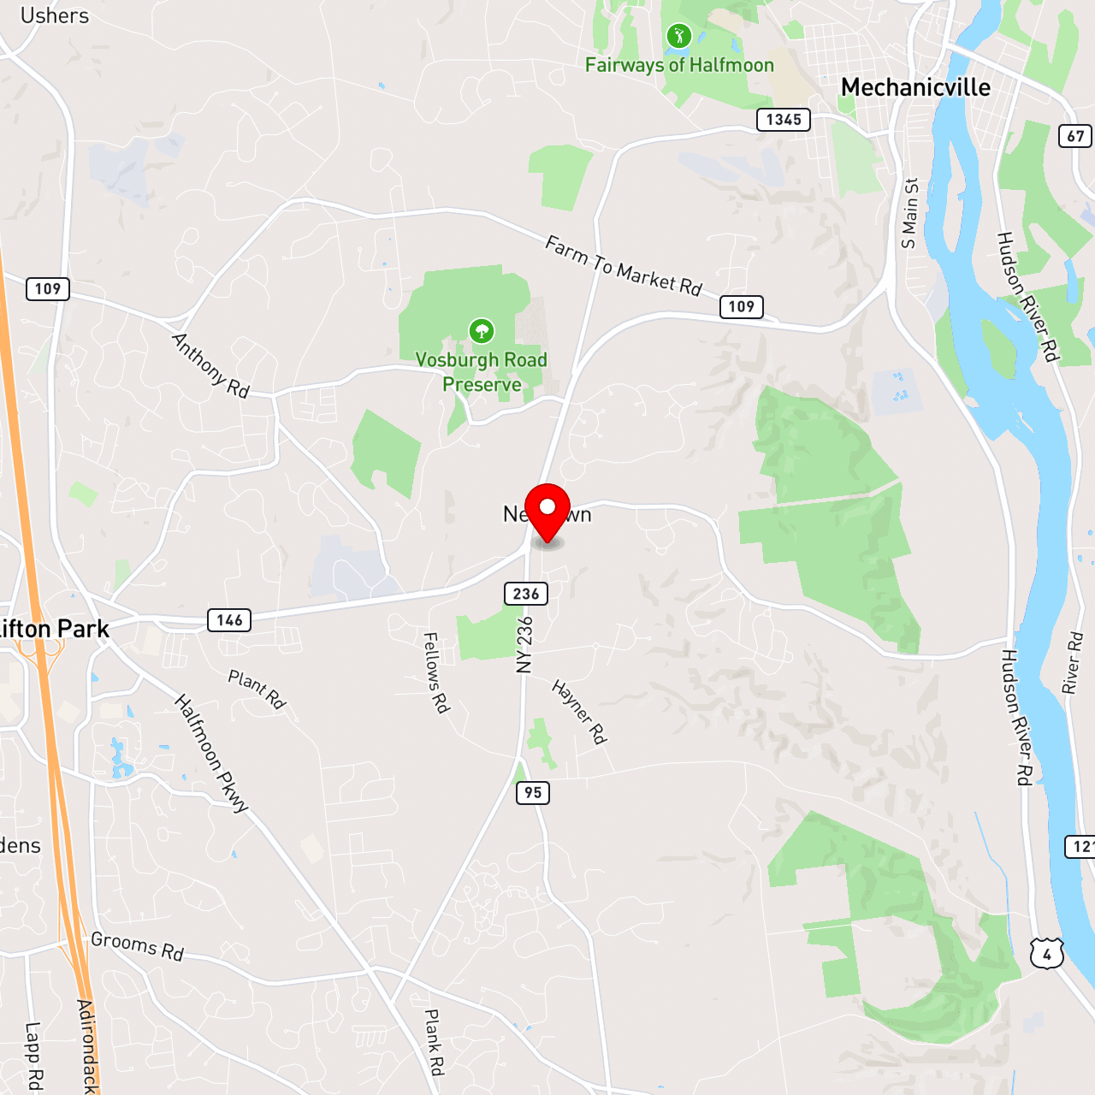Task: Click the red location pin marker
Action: (547, 509)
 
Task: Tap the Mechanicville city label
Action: (915, 87)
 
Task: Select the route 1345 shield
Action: (784, 120)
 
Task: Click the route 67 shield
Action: (1075, 136)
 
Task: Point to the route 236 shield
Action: (526, 594)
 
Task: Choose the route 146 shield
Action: (229, 620)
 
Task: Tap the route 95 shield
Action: (533, 793)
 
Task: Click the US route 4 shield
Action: (1047, 954)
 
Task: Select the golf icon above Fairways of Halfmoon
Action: (678, 36)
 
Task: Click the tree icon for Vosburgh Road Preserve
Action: (482, 330)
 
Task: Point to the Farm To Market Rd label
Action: (624, 266)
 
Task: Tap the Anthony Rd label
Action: (210, 365)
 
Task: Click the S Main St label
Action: (909, 214)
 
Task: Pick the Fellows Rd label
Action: (436, 672)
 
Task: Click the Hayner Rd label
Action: (579, 711)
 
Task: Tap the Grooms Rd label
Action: (137, 946)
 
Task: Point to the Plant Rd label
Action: (256, 690)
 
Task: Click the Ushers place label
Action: (54, 15)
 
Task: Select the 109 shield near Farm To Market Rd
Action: (741, 307)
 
